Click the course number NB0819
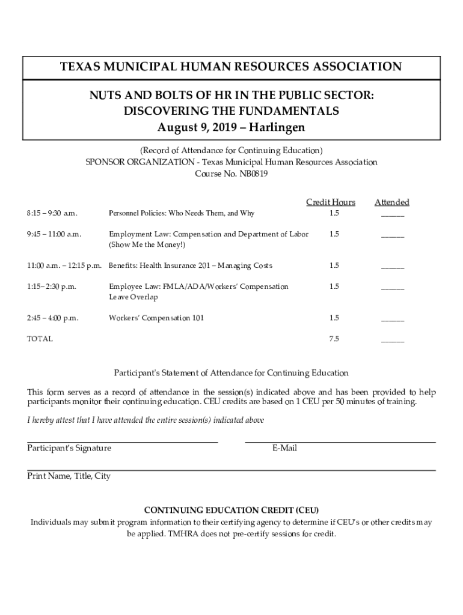click(x=253, y=174)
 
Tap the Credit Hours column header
click(x=331, y=202)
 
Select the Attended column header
click(x=392, y=202)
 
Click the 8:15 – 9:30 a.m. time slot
click(x=52, y=213)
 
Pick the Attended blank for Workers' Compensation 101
click(x=393, y=318)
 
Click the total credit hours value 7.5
click(x=334, y=339)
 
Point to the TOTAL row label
click(x=40, y=339)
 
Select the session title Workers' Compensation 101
click(x=156, y=318)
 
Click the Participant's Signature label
click(x=69, y=448)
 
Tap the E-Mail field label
click(x=284, y=448)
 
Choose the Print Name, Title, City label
click(x=69, y=476)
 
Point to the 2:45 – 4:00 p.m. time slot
click(x=53, y=318)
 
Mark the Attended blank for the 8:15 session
click(x=393, y=214)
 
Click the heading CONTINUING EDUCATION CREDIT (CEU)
click(x=231, y=510)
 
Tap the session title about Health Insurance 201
click(x=190, y=265)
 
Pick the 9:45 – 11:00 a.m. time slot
click(x=54, y=234)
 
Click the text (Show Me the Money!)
click(x=147, y=244)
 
